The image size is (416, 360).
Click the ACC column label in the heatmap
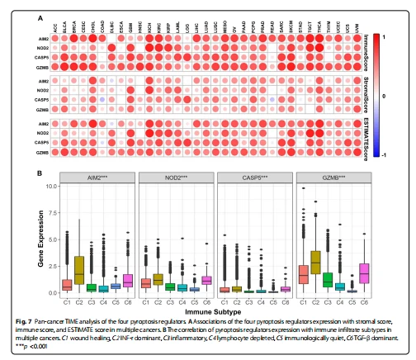(55, 26)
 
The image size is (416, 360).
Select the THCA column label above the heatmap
(317, 26)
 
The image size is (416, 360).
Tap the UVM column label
(356, 26)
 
